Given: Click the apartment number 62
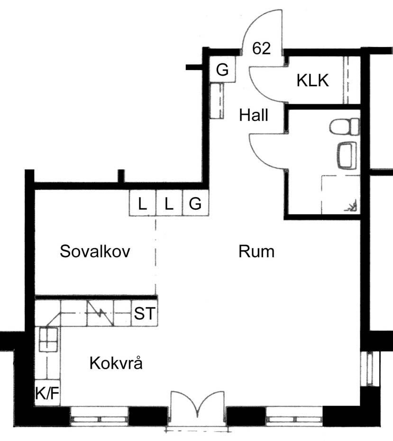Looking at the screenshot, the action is click(261, 48).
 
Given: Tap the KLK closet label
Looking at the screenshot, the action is click(312, 81).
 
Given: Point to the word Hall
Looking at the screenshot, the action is click(253, 115).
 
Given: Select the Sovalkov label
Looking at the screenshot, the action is click(95, 251).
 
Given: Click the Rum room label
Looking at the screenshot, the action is click(256, 252).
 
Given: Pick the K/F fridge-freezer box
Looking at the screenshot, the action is click(47, 393).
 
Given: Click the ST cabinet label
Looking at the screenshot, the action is click(145, 313).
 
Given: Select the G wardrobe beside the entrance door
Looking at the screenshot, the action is click(222, 69).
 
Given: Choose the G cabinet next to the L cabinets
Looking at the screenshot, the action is click(195, 203).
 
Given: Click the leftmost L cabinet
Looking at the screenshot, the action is click(142, 203).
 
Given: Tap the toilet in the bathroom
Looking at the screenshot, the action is click(344, 126).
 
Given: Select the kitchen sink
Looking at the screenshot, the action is click(48, 339).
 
